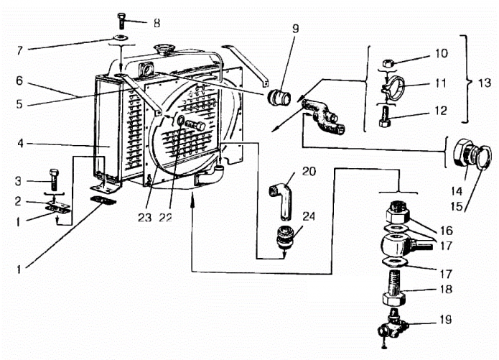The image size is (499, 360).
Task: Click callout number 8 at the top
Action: [x=157, y=22]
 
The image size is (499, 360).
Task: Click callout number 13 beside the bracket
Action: [x=485, y=82]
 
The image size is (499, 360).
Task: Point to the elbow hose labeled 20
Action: [x=280, y=198]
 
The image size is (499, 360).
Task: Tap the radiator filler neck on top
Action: [x=164, y=51]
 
